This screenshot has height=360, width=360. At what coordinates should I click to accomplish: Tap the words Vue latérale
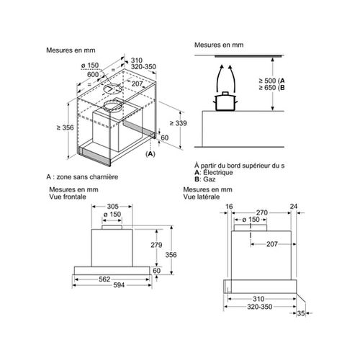[202, 197]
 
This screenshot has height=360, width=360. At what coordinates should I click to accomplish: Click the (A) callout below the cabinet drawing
[150, 154]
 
